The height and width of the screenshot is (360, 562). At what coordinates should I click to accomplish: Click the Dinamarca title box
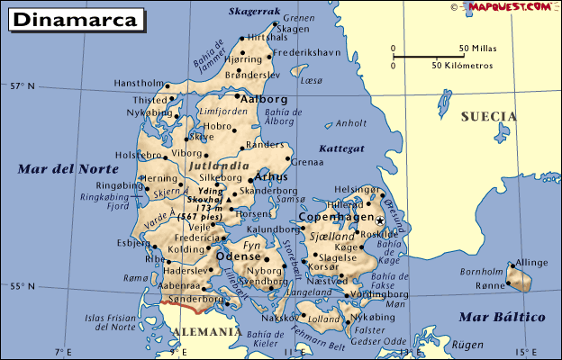pyautogui.click(x=77, y=19)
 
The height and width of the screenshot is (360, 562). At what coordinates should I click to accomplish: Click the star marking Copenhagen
pyautogui.click(x=380, y=220)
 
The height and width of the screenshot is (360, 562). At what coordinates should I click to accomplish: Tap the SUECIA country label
pyautogui.click(x=488, y=117)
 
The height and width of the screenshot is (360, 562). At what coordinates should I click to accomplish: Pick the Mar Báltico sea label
pyautogui.click(x=503, y=317)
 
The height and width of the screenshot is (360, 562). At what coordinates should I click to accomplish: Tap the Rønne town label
pyautogui.click(x=491, y=285)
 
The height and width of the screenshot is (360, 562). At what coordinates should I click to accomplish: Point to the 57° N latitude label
pyautogui.click(x=22, y=86)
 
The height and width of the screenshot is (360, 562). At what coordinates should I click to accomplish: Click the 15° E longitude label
pyautogui.click(x=521, y=351)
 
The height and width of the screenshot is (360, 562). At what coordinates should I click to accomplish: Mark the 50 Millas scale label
pyautogui.click(x=477, y=48)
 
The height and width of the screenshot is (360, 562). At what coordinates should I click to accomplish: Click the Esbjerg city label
pyautogui.click(x=132, y=242)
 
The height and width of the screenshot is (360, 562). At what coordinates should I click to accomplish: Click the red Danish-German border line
pyautogui.click(x=188, y=309)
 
